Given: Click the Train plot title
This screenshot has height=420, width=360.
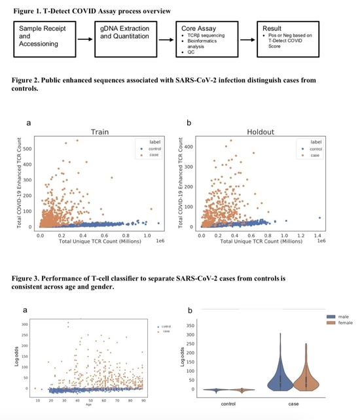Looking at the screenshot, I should pos(99,131).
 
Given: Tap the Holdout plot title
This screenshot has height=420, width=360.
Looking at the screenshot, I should pos(261,131).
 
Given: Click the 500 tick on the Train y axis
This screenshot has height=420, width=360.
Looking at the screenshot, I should pos(28,149).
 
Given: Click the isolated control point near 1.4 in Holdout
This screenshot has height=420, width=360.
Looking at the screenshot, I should pos(319,218).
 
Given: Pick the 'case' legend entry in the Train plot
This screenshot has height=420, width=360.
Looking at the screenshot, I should pos(152,155).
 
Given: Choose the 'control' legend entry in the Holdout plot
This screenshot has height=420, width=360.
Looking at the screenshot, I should pos(314,149).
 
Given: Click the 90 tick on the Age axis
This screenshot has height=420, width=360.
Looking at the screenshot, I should pos(143,400).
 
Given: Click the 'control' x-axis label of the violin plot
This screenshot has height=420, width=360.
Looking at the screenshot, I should pos(228,404).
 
